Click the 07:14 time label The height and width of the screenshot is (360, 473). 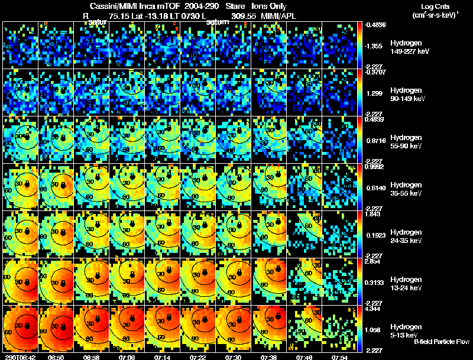[x=163, y=357]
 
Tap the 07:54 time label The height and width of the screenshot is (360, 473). [x=342, y=357]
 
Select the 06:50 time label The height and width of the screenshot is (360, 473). [x=56, y=357]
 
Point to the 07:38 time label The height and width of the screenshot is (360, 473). [x=270, y=357]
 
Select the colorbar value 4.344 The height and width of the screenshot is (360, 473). [x=376, y=309]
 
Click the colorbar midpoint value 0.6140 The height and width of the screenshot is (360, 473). [x=377, y=187]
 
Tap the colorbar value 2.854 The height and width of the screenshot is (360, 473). [x=376, y=261]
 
